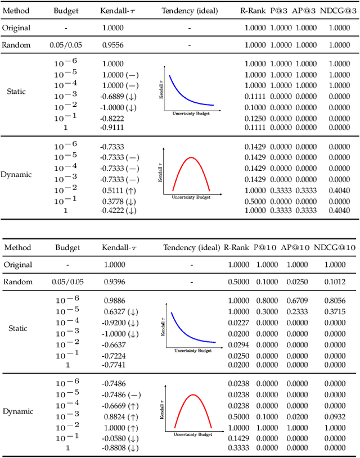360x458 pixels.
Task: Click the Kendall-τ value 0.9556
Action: point(113,45)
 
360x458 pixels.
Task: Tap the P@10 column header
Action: point(264,247)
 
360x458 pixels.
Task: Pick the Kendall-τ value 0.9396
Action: point(115,282)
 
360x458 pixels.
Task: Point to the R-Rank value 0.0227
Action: point(238,323)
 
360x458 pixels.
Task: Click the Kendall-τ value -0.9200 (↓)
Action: point(120,323)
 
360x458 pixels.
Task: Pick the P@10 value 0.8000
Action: point(264,301)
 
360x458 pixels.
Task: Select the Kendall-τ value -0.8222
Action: point(113,119)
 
